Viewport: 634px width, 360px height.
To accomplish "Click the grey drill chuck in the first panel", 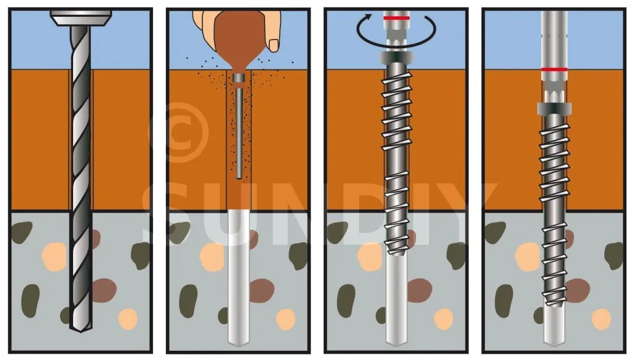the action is coord(81,18).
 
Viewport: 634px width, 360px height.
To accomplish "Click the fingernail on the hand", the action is coord(274,45).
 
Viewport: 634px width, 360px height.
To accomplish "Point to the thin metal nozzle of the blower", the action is coord(239,130).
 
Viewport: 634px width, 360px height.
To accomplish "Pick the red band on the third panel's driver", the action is coord(396,18).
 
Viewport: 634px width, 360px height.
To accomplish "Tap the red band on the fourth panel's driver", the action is coord(554,69).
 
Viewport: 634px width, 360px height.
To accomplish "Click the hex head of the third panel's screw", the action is coord(396,58).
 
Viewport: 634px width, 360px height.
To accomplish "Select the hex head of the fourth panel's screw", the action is coord(554,108).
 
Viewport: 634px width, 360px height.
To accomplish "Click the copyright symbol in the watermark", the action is coord(180,132).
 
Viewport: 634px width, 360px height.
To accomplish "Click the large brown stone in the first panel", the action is coord(104,290).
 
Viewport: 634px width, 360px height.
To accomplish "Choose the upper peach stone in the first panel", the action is coord(54,257).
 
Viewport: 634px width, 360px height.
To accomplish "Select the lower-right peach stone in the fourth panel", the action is coord(601,320).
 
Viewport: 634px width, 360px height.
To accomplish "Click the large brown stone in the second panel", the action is coord(262,290).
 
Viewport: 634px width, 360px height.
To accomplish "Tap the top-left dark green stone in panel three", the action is coord(337,232).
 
